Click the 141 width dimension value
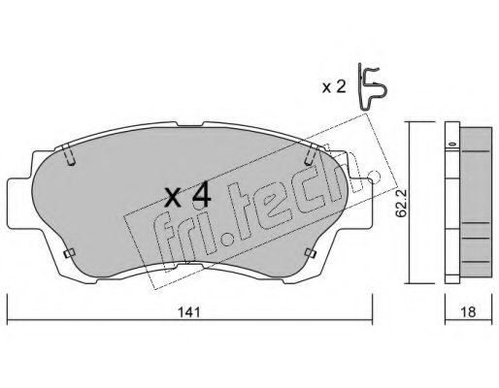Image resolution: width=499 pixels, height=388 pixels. [x=189, y=312]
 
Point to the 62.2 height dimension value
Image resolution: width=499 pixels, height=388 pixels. [x=402, y=204]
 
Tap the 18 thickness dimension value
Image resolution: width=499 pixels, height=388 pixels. [x=468, y=312]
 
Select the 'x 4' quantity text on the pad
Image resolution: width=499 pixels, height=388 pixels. [x=187, y=197]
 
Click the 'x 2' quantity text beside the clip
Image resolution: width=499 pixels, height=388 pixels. [x=334, y=87]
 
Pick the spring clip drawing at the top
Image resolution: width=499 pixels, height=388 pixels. [x=372, y=87]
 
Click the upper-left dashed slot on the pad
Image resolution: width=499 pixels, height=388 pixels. [x=69, y=155]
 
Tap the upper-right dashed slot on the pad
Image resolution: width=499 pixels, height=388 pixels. [x=311, y=155]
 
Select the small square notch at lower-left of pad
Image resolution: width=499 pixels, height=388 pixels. [x=69, y=253]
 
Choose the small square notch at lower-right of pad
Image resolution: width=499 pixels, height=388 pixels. [x=311, y=253]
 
